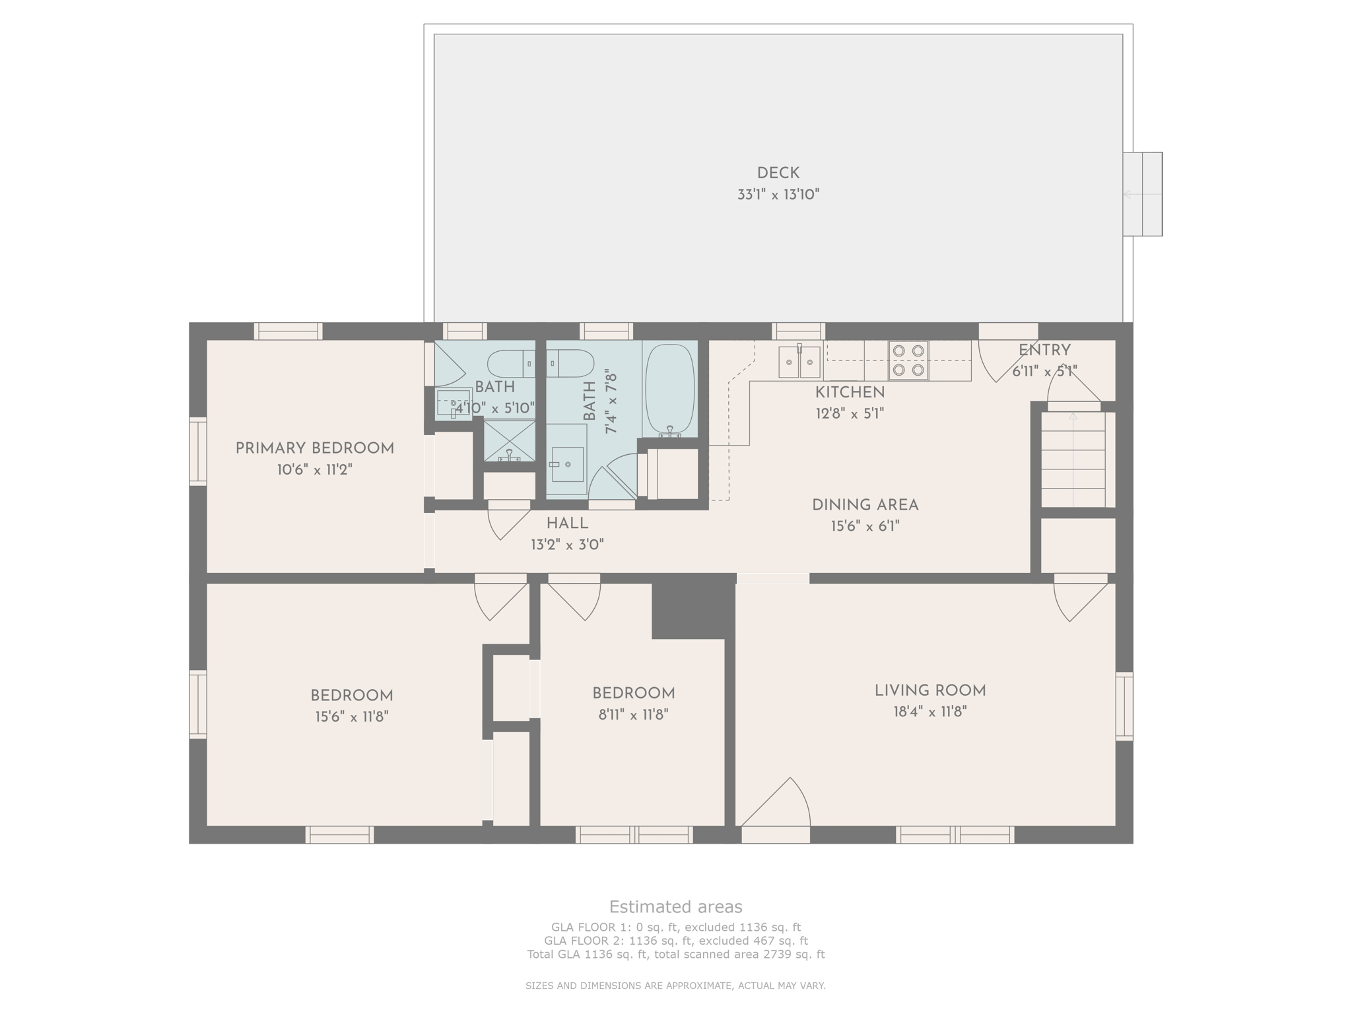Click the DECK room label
(x=778, y=173)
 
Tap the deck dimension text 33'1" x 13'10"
(x=778, y=195)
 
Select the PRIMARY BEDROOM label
(x=314, y=448)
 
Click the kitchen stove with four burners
(x=908, y=360)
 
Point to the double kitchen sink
(x=799, y=361)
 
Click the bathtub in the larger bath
(x=669, y=390)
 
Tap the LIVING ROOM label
(x=929, y=691)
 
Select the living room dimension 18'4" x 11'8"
(x=929, y=712)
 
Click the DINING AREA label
(x=865, y=505)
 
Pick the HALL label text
(x=567, y=524)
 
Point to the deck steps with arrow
(x=1143, y=194)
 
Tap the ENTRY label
(x=1044, y=351)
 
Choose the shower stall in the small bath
(x=509, y=441)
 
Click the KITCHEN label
(x=850, y=392)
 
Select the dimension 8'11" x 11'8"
(x=633, y=714)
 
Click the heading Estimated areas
(x=675, y=906)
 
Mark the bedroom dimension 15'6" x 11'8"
(x=351, y=717)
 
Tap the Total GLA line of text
(x=675, y=954)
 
